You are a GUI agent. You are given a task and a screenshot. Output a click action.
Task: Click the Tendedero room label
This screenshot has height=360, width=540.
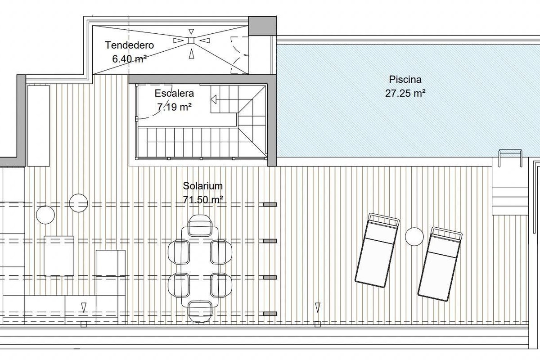(130, 45)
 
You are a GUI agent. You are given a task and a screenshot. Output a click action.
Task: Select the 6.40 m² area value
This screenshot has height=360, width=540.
(130, 58)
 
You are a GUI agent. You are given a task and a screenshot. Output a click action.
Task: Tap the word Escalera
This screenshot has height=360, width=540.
(174, 93)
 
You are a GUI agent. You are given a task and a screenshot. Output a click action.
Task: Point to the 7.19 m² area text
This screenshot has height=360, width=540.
(174, 107)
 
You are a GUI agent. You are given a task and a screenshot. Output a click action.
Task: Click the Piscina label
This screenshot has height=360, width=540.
(405, 80)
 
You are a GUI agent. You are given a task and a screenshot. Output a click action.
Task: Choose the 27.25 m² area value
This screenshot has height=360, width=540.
(405, 93)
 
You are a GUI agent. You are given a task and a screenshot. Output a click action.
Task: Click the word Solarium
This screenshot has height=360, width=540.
(203, 186)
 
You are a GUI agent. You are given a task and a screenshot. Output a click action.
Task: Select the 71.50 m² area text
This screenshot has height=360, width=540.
(203, 199)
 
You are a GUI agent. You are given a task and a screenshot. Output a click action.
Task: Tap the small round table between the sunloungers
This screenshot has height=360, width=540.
(414, 237)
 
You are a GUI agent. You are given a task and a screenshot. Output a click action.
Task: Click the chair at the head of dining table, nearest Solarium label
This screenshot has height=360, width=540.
(200, 225)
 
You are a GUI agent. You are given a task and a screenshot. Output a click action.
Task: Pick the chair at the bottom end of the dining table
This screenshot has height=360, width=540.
(200, 311)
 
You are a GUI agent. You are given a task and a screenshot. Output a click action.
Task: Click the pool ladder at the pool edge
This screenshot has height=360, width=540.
(510, 158)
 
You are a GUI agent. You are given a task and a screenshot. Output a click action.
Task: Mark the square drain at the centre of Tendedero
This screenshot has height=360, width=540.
(191, 40)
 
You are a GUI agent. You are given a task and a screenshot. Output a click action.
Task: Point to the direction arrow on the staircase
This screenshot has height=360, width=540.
(214, 99)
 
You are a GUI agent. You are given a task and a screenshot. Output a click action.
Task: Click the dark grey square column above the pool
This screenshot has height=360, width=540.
(262, 26)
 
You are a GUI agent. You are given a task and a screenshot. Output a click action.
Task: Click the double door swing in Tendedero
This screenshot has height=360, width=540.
(239, 55)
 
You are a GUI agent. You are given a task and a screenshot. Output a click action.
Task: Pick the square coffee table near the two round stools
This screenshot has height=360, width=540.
(58, 256)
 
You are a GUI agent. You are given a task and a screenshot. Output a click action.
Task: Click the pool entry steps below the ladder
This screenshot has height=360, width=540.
(510, 201)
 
